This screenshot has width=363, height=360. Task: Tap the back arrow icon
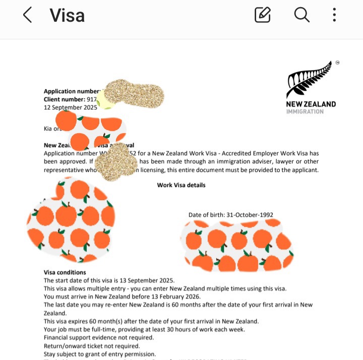[27, 15]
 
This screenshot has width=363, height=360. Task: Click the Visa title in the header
[67, 15]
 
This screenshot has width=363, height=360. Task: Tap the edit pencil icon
[263, 15]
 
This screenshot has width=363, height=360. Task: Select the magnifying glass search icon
[301, 15]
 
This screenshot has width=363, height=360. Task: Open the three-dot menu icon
[334, 15]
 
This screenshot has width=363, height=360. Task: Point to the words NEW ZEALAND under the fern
[311, 104]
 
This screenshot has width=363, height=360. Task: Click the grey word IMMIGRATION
[305, 111]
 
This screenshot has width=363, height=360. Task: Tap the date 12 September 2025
[70, 107]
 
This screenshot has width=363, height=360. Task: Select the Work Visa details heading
[181, 185]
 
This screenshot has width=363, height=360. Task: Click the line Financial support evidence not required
[99, 337]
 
